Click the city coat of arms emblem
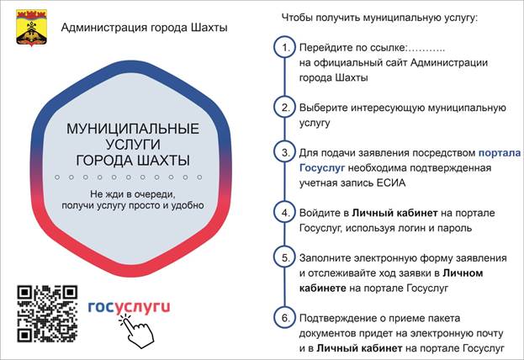click(x=32, y=28)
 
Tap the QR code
click(x=47, y=314)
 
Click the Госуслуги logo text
click(x=129, y=307)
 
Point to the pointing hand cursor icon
click(x=136, y=331)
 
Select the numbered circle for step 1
click(x=285, y=47)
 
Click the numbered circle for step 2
click(x=285, y=108)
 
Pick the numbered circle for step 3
click(x=285, y=152)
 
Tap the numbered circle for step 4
click(x=285, y=213)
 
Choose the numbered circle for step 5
click(x=285, y=257)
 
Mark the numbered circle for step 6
click(x=285, y=318)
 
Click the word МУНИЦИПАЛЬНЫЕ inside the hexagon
click(x=133, y=129)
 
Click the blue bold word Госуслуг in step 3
click(x=322, y=167)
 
